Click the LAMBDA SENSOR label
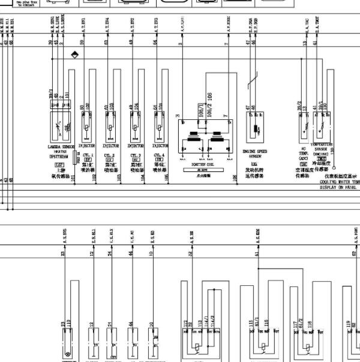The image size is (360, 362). (x=60, y=146)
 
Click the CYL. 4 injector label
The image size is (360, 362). (x=160, y=155)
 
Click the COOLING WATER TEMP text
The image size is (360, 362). (x=340, y=182)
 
